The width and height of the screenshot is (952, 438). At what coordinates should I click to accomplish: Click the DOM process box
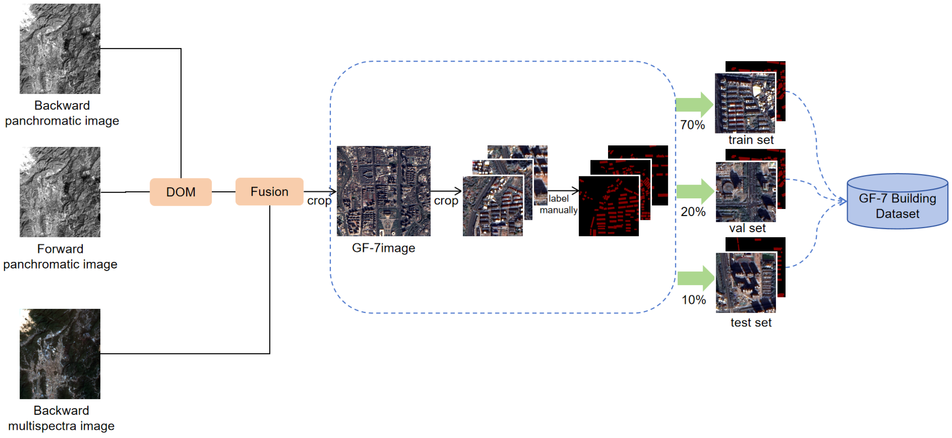tap(180, 192)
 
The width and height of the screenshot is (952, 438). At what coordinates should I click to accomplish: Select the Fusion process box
tap(269, 192)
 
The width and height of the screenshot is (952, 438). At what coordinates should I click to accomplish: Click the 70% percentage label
tap(692, 125)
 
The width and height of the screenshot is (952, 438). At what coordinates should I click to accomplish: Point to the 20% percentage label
tap(693, 212)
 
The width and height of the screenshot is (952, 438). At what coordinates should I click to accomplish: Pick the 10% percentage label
tap(693, 300)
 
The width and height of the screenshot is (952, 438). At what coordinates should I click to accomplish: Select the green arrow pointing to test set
tap(695, 278)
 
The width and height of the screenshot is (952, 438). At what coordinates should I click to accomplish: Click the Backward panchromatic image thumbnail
tap(60, 48)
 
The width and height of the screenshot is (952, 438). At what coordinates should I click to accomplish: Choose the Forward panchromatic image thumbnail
tap(60, 192)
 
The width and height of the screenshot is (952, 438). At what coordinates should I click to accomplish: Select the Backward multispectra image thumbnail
tap(60, 354)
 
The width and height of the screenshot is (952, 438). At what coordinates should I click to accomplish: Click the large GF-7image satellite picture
tap(383, 191)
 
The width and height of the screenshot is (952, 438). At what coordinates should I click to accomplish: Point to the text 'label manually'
tap(558, 204)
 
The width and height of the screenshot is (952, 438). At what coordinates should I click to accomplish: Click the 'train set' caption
tap(751, 140)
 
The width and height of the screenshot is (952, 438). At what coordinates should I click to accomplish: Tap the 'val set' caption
tap(747, 228)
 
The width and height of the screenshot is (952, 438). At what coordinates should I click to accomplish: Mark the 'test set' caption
tap(751, 323)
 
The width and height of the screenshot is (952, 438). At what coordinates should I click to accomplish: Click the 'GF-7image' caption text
tap(383, 248)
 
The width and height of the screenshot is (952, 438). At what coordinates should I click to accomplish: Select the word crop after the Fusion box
tap(319, 201)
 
